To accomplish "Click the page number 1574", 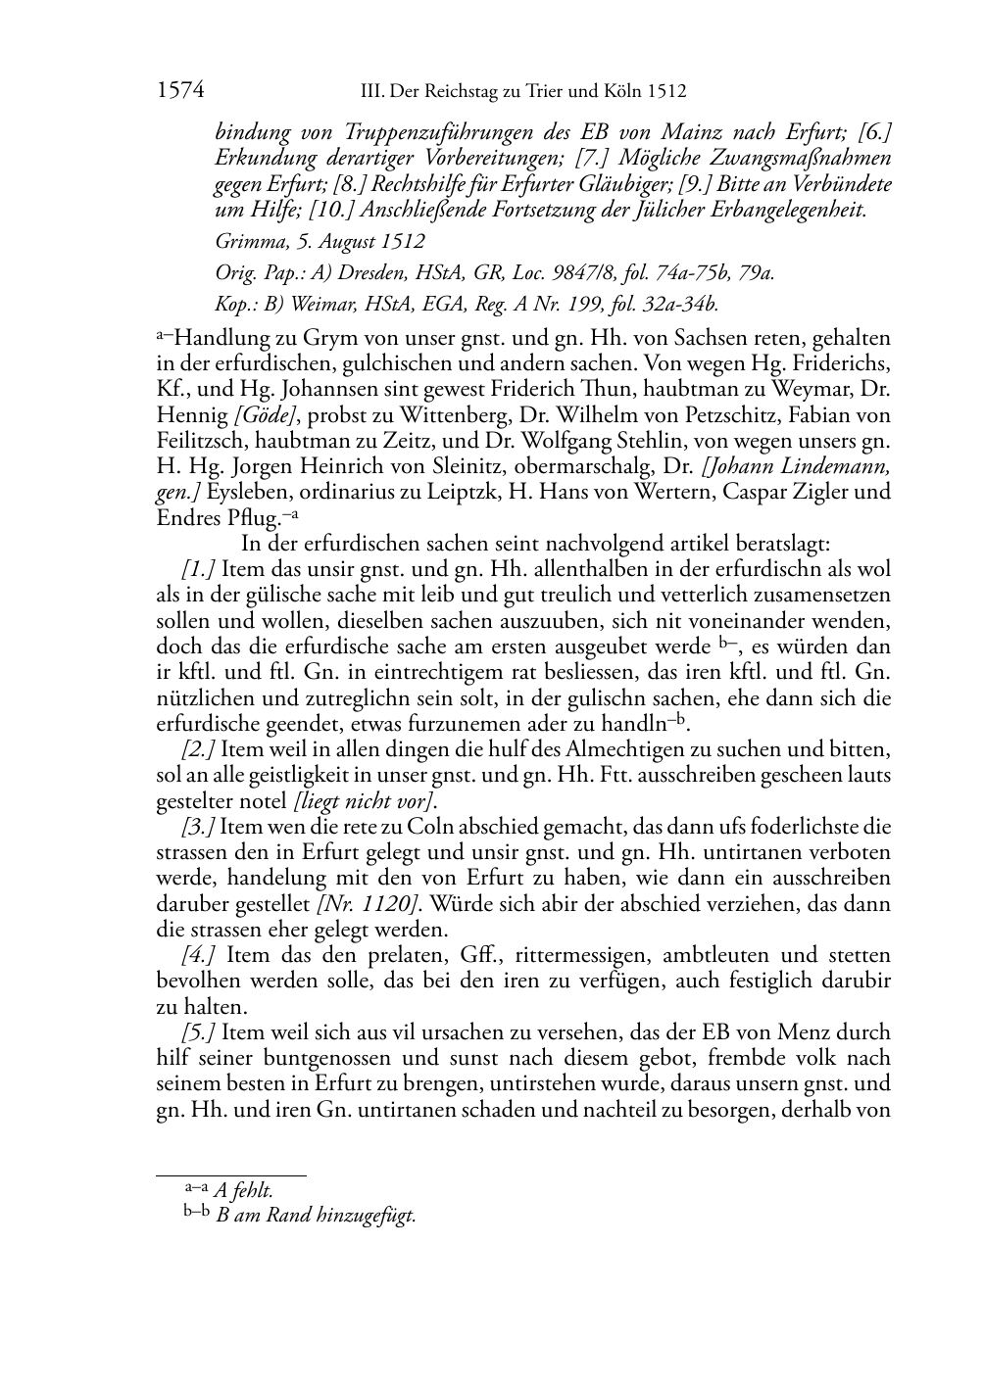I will coord(179,91).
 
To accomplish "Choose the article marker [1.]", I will coord(198,570).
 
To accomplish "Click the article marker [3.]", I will coord(198,827).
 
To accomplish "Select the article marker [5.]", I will coord(198,1032).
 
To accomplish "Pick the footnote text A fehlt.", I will coord(243,1190).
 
